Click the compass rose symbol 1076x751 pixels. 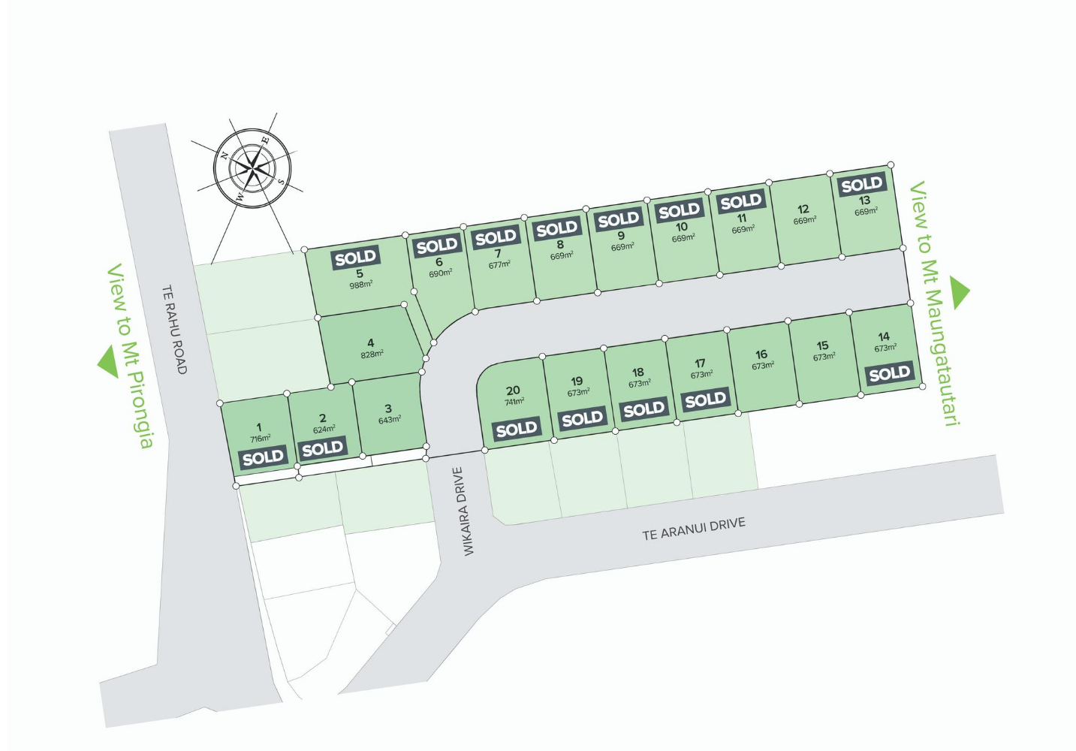coord(250,167)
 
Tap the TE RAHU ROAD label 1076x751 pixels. coord(173,329)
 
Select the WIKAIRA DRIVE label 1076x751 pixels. coord(465,511)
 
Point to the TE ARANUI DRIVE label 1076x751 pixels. coord(694,529)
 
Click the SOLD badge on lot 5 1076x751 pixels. coord(356,258)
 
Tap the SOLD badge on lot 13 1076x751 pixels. coord(862,184)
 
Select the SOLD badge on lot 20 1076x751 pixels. coord(517,430)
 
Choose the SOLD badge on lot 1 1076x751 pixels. coord(263,457)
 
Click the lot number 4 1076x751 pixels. coord(370,343)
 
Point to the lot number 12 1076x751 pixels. coord(803,210)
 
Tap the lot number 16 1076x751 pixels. coord(761,354)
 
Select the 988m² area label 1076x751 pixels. coord(360,285)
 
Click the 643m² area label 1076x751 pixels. coord(389,421)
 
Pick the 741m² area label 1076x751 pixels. coord(514,402)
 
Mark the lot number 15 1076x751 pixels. coord(823,346)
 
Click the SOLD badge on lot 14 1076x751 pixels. coord(889,373)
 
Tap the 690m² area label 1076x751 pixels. coord(440,273)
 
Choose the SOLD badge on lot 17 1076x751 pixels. coord(705,400)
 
